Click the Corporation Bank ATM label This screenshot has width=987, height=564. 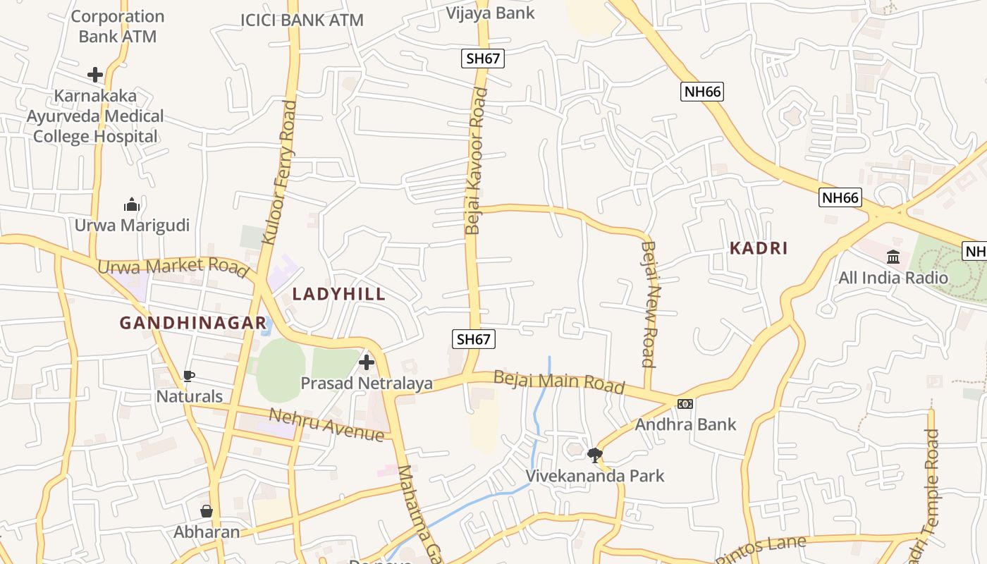click(118, 26)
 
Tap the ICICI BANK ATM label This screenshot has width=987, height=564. click(302, 20)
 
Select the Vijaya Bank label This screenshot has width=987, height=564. click(491, 13)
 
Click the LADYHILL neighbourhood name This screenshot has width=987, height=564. click(339, 294)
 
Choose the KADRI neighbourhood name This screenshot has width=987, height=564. click(759, 248)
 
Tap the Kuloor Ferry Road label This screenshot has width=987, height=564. click(279, 173)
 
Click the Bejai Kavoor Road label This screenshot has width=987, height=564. click(476, 161)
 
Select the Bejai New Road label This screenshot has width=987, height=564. click(649, 304)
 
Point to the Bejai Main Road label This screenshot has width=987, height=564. click(559, 381)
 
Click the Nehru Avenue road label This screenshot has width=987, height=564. click(326, 425)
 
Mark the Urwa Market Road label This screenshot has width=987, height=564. click(173, 267)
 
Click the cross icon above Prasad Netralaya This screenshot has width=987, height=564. click(367, 362)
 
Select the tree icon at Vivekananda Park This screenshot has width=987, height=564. click(595, 455)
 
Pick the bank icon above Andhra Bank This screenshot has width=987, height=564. click(685, 404)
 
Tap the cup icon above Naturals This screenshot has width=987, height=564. click(188, 376)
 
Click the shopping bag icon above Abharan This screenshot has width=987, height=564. click(207, 511)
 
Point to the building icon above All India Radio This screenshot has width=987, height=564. click(893, 257)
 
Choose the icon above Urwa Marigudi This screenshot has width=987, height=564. click(132, 205)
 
